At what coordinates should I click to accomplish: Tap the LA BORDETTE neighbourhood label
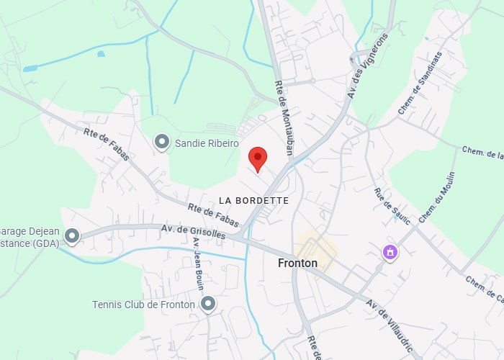[x=253, y=200]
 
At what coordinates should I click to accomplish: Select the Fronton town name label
[x=297, y=264]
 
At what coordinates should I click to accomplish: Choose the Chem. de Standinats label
[x=419, y=89]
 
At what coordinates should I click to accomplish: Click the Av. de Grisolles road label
[x=193, y=232]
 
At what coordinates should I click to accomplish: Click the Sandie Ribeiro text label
[x=207, y=144]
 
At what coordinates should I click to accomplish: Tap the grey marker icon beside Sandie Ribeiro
[x=162, y=142]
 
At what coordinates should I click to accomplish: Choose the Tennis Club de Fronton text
[x=143, y=305]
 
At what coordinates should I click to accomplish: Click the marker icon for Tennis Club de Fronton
[x=208, y=304]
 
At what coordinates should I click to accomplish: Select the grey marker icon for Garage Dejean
[x=72, y=235]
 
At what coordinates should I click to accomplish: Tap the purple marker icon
[x=390, y=253]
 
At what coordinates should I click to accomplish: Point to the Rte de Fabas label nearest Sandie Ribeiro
[x=107, y=144]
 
